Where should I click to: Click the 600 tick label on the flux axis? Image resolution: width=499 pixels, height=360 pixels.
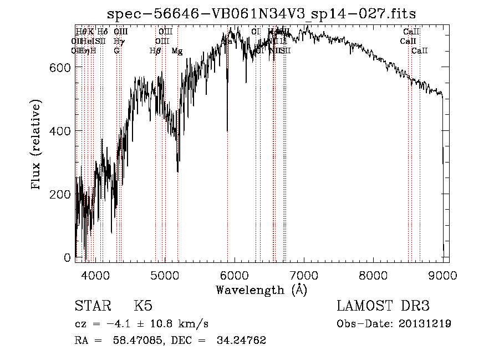tap(62, 67)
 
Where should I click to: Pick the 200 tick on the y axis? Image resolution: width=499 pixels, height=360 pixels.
tap(62, 195)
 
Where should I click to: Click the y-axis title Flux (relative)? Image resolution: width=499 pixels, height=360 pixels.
tap(37, 145)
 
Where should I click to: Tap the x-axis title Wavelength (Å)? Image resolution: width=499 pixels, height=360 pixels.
tap(261, 290)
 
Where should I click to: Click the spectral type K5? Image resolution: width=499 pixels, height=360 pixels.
tap(143, 306)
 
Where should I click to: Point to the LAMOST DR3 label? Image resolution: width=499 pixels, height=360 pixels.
tap(383, 306)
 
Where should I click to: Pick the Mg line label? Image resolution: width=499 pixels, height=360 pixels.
tap(177, 51)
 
